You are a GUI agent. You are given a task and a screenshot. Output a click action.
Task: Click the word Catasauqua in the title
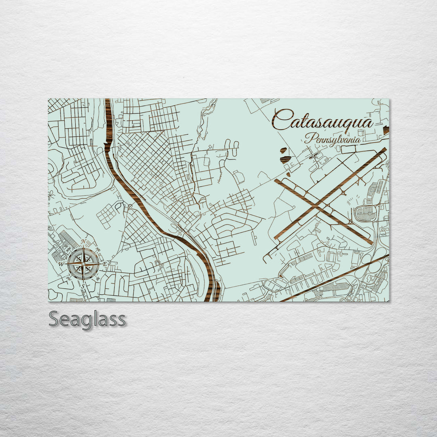tap(322, 120)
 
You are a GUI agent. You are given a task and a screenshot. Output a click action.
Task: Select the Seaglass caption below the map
tap(87, 319)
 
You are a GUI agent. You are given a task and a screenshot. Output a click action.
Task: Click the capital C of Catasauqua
tap(281, 119)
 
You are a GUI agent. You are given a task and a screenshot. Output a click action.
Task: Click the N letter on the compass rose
tap(83, 242)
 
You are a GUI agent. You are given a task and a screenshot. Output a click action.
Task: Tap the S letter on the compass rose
tap(84, 286)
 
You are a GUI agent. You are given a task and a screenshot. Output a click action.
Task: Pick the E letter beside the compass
tap(105, 264)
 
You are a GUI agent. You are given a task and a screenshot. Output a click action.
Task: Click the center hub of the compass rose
tap(83, 264)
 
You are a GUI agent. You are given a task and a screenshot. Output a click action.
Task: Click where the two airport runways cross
tap(322, 207)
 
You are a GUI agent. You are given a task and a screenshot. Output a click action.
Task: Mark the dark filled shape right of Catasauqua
tap(386, 130)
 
